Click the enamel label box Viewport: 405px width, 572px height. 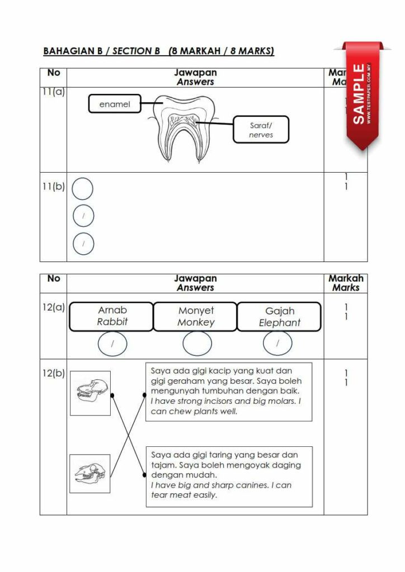[115, 104]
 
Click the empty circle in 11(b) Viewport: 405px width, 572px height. [83, 189]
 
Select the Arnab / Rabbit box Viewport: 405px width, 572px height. [112, 316]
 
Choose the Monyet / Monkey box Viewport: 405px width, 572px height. [196, 316]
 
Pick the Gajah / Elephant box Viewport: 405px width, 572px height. [279, 317]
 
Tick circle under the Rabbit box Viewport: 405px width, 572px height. [112, 344]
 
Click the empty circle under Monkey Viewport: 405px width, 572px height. [197, 344]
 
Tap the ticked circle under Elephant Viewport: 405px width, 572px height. [277, 344]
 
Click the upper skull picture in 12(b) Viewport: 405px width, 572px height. [90, 393]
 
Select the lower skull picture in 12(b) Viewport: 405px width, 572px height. [90, 473]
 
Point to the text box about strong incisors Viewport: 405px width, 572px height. [229, 391]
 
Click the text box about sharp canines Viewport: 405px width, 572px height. [229, 476]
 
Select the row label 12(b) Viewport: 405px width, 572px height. [53, 373]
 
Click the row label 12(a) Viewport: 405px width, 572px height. [53, 307]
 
